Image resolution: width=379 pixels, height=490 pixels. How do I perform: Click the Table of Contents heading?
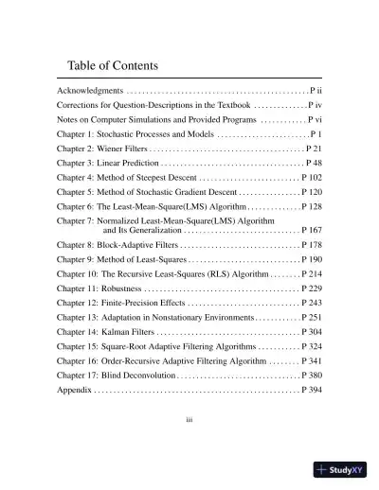coord(113,66)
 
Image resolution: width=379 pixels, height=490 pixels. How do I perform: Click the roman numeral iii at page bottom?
coord(189,415)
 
